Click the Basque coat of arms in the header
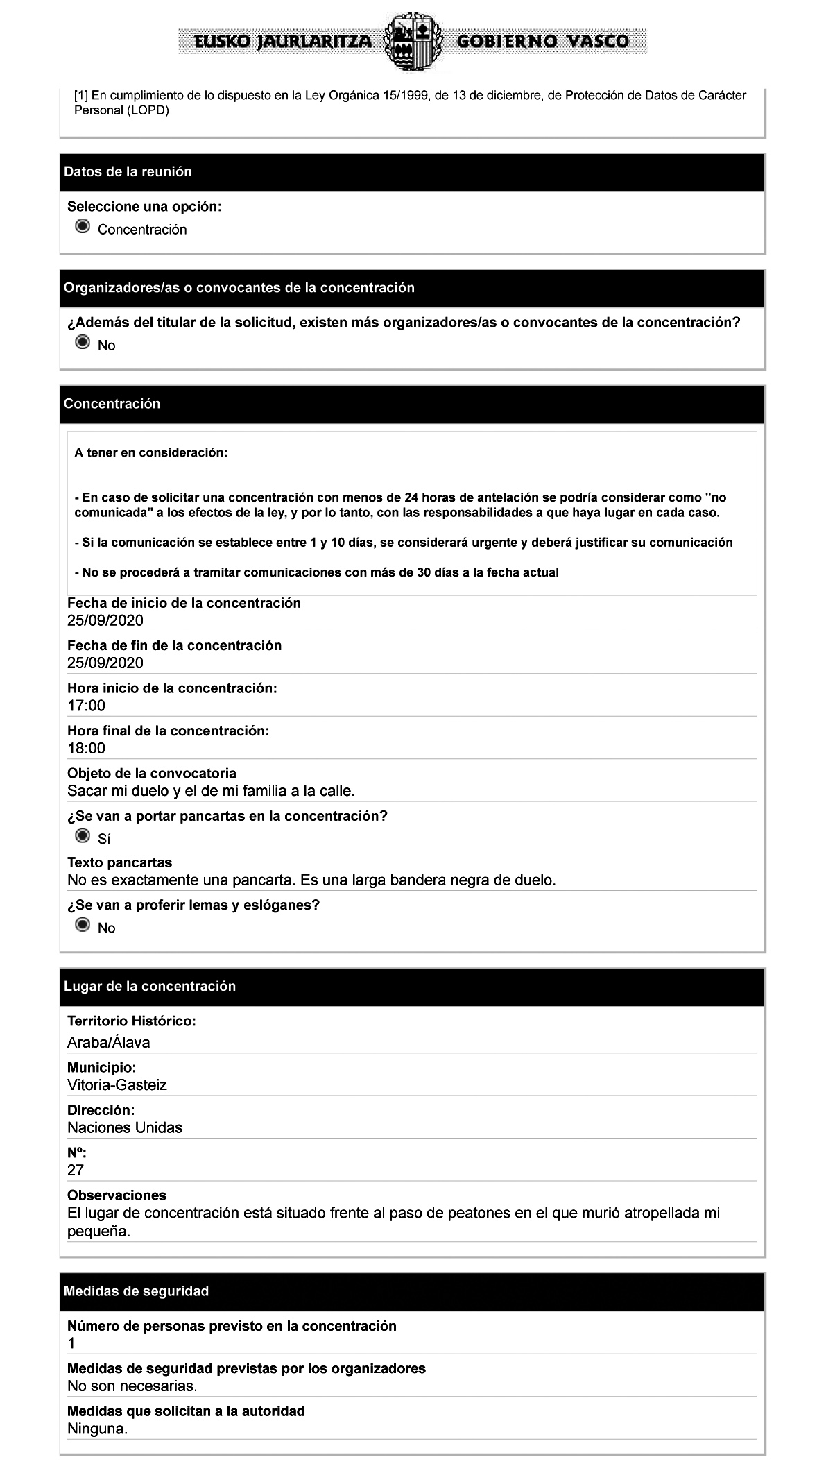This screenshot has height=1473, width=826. [x=412, y=41]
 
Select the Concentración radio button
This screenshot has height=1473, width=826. [x=83, y=227]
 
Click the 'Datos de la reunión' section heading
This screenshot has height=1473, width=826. [x=128, y=171]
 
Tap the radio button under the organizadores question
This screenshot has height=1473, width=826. [x=83, y=343]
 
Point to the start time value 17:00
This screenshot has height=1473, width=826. [x=86, y=706]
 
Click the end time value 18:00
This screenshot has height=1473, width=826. [x=86, y=748]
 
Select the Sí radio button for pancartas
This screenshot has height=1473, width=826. [x=83, y=836]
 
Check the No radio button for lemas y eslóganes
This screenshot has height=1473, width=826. [x=83, y=926]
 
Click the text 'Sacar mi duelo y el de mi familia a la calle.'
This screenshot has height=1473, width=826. [x=211, y=790]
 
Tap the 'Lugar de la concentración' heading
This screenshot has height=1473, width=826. [x=150, y=986]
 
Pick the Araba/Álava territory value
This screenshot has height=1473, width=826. [x=108, y=1042]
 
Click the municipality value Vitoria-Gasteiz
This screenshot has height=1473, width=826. [x=117, y=1084]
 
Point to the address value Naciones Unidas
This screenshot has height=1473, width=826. [x=125, y=1127]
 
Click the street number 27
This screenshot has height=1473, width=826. [x=76, y=1170]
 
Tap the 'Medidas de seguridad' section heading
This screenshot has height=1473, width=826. [x=136, y=1291]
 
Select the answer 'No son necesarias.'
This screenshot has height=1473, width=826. [x=132, y=1386]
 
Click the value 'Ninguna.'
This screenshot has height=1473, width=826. [x=97, y=1429]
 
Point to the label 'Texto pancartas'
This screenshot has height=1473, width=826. [x=119, y=862]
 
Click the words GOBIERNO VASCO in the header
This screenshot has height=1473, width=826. [x=542, y=42]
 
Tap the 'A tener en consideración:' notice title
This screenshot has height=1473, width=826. [x=150, y=453]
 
